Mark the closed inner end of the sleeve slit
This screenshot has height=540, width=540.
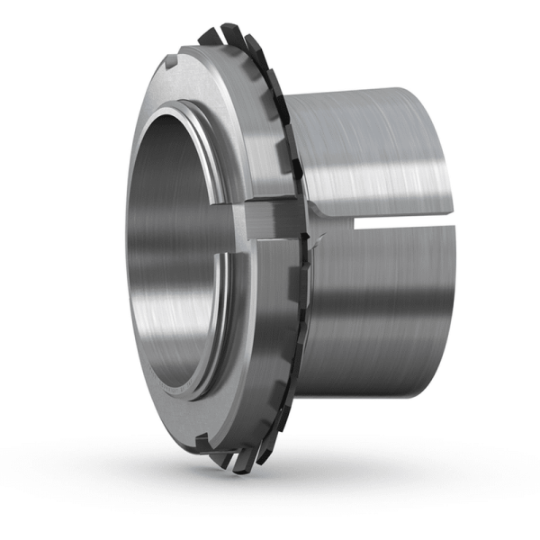tap(356, 222)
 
